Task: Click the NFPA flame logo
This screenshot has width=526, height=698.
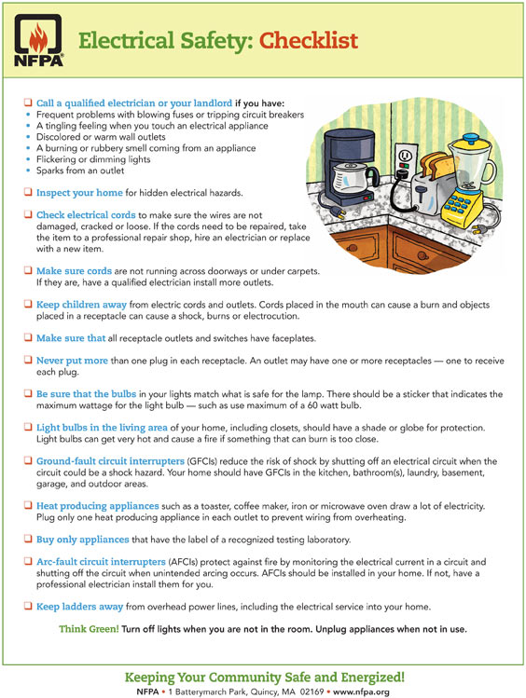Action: pyautogui.click(x=38, y=40)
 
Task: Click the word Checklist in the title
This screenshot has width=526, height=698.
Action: pyautogui.click(x=309, y=40)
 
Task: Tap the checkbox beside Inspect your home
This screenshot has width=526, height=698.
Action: pyautogui.click(x=28, y=192)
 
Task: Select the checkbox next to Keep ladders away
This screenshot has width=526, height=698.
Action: pyautogui.click(x=28, y=606)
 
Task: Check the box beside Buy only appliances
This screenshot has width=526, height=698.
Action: pyautogui.click(x=28, y=539)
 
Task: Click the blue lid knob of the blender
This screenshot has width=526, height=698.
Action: pyautogui.click(x=470, y=137)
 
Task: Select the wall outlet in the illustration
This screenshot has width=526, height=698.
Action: pyautogui.click(x=405, y=161)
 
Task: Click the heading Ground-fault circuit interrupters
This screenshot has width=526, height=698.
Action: pyautogui.click(x=110, y=461)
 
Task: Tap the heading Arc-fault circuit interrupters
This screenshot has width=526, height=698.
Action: pyautogui.click(x=101, y=562)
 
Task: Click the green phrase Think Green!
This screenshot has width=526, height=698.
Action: pyautogui.click(x=90, y=629)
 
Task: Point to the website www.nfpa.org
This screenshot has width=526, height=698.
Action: pyautogui.click(x=361, y=691)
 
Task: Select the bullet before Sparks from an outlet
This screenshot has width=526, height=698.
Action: pyautogui.click(x=28, y=171)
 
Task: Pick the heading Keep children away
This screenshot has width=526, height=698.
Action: pyautogui.click(x=81, y=305)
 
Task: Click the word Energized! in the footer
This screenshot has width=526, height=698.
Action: pyautogui.click(x=373, y=677)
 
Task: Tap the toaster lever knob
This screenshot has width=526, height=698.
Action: pyautogui.click(x=420, y=193)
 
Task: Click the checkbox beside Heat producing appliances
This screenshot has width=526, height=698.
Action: pyautogui.click(x=28, y=505)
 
